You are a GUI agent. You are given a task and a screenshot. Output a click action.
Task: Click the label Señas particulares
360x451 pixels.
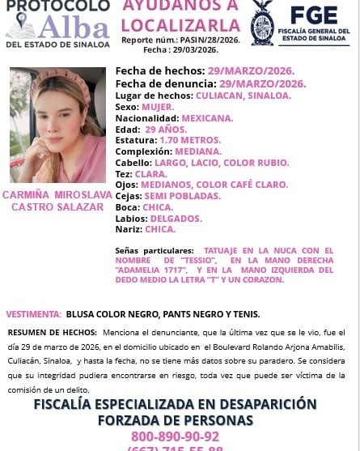[155, 251]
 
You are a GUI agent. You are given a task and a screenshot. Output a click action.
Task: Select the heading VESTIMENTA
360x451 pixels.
[32, 313]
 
